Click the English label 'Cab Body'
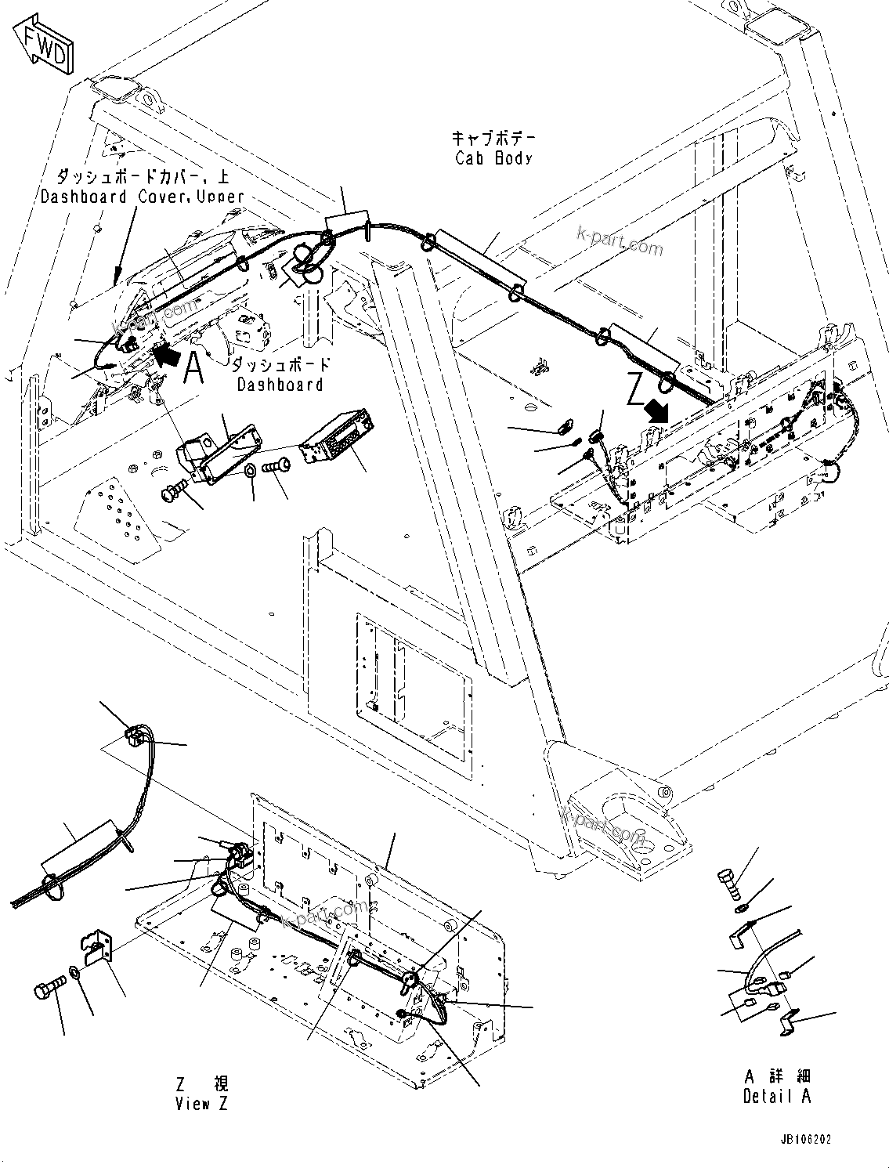493,157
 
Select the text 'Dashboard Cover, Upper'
143,197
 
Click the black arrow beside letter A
165,356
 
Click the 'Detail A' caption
776,1096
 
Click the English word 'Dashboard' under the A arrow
280,385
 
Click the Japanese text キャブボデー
493,138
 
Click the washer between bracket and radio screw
248,472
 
